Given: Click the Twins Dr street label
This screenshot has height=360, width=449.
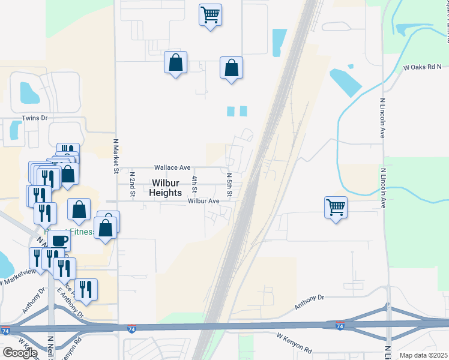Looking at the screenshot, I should point(34,118).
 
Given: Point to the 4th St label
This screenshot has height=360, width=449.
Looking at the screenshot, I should point(194,184).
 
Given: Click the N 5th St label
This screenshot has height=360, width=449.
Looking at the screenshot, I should point(229,184).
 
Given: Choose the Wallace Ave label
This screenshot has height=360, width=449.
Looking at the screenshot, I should point(172,167).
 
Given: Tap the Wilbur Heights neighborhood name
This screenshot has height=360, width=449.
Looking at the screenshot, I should point(166,188).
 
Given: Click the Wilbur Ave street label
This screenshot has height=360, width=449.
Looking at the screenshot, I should point(203,201).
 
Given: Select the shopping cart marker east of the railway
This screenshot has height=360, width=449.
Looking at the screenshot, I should point(336,208).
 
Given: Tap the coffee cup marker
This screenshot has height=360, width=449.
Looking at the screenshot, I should point(59,241).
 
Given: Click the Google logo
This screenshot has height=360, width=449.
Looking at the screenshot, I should point(20,353).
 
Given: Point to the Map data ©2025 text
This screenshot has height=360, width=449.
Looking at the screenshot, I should point(423,355).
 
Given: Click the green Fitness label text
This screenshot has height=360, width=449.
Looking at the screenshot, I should point(82,232).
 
